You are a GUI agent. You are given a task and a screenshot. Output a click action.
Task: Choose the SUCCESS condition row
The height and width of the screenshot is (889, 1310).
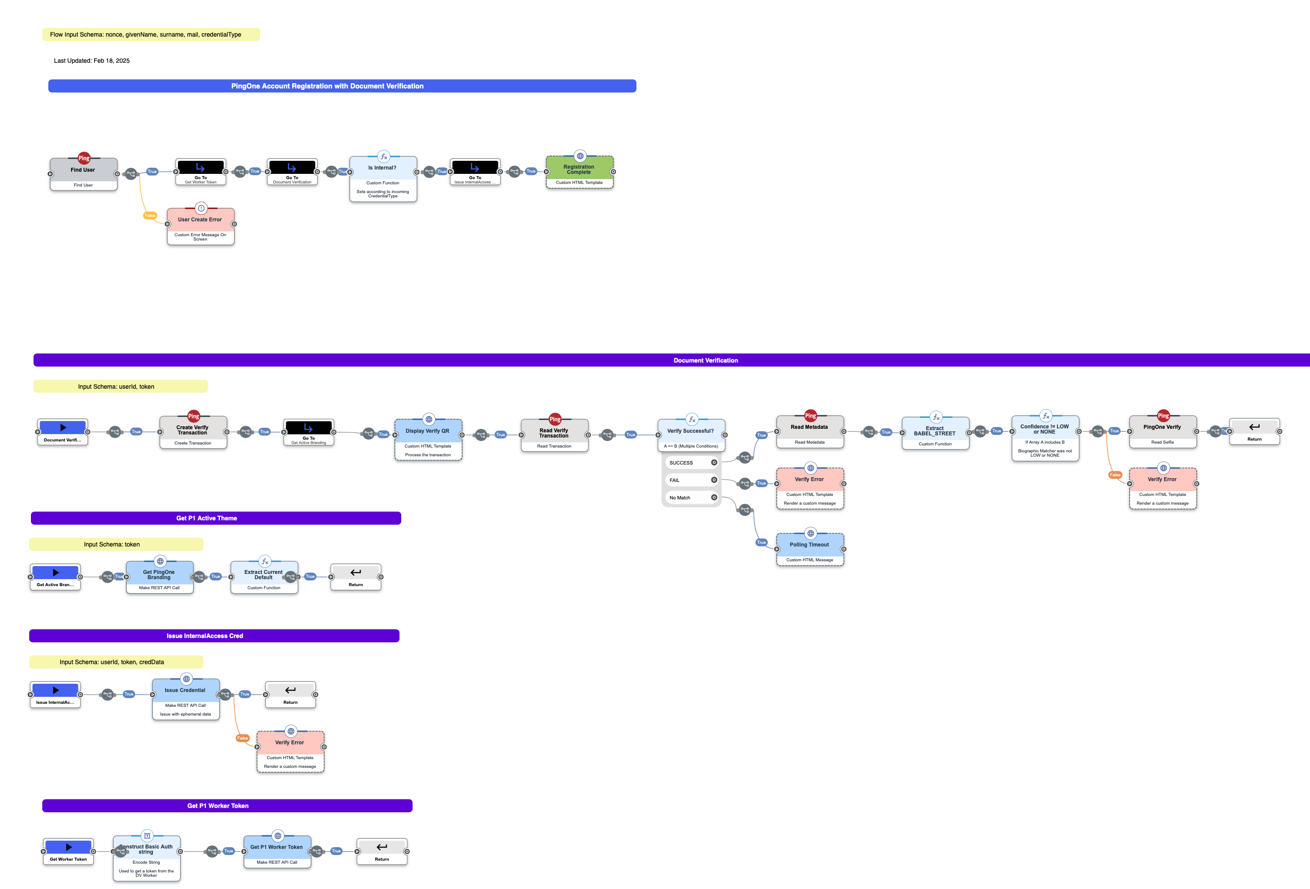[691, 463]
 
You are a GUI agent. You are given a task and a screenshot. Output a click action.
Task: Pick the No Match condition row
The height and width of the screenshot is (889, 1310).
[691, 498]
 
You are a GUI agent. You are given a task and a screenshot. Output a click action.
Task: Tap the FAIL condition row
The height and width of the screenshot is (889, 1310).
[691, 480]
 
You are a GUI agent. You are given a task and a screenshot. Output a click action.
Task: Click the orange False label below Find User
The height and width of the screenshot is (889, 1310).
[150, 215]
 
